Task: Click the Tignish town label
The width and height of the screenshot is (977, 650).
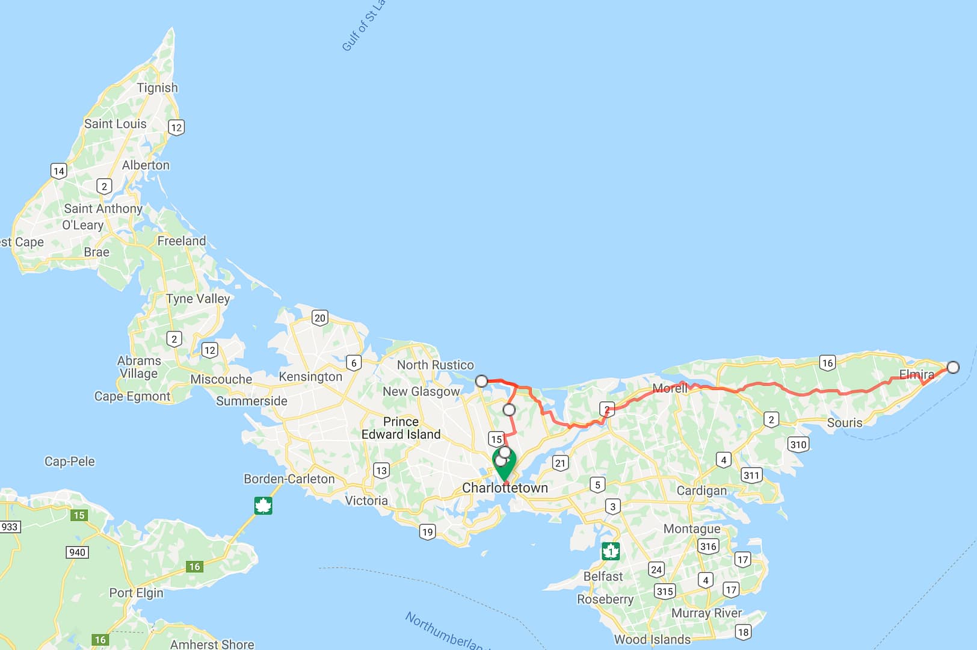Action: click(157, 88)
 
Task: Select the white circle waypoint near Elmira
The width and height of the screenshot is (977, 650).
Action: click(953, 367)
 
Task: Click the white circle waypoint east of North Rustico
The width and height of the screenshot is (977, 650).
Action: click(481, 381)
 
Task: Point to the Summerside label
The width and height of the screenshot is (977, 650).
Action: click(251, 401)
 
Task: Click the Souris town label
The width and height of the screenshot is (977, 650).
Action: click(844, 422)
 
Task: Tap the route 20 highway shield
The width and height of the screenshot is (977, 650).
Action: click(319, 318)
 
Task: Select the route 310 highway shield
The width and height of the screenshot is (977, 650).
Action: click(798, 445)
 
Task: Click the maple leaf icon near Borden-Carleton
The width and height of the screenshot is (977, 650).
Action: click(263, 506)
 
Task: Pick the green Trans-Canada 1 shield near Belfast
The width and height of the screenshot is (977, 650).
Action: click(611, 551)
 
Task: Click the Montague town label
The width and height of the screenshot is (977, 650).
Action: click(691, 529)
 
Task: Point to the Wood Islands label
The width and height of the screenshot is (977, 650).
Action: click(652, 640)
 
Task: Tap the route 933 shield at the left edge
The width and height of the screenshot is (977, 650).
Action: click(10, 527)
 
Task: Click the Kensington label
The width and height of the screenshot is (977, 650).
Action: click(310, 377)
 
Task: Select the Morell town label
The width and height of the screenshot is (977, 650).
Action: click(670, 389)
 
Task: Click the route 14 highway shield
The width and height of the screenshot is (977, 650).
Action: click(58, 171)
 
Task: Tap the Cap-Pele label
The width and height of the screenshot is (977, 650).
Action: click(70, 462)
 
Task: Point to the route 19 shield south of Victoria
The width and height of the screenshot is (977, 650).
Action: click(427, 531)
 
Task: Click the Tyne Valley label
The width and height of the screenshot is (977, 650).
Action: click(198, 299)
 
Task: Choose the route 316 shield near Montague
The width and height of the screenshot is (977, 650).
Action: click(708, 546)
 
